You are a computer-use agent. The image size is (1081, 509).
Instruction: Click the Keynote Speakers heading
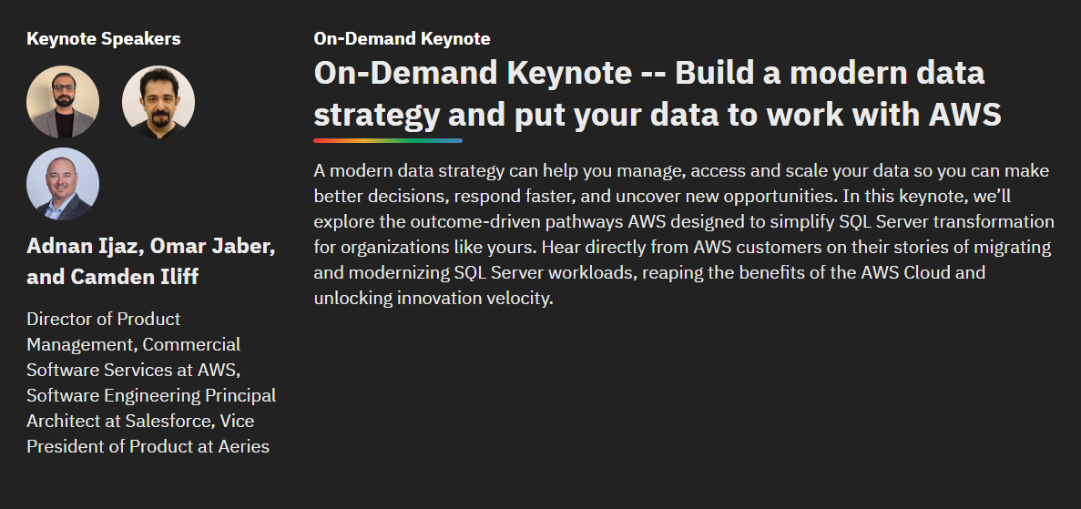coord(104,38)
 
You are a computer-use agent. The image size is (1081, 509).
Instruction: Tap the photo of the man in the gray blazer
coord(63,102)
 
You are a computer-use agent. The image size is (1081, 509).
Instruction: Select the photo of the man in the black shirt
coord(158,102)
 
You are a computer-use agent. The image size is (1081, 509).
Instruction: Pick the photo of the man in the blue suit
coord(63,184)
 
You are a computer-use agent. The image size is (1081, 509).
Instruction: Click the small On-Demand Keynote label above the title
coord(402,38)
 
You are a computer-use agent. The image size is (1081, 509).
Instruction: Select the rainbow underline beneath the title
coord(388,141)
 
